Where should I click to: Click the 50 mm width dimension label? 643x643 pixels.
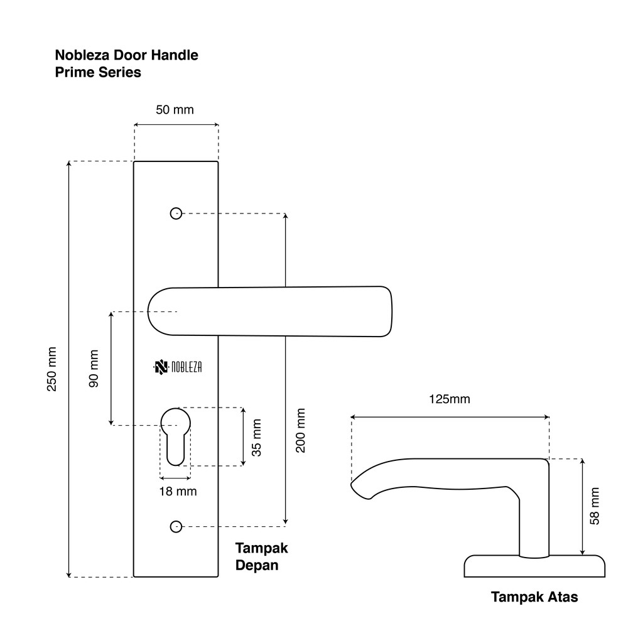[175, 110]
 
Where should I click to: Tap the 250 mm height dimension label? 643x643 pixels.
[51, 369]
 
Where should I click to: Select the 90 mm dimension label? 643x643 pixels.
[94, 368]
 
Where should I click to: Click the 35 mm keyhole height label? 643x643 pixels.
[256, 437]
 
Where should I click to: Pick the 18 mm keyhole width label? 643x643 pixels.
[178, 491]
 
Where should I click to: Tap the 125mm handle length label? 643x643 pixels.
[449, 399]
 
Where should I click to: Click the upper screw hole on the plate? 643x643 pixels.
[176, 213]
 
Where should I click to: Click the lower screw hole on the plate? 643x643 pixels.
[176, 526]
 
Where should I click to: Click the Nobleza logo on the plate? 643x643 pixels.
[178, 367]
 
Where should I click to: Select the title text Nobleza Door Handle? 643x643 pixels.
[127, 55]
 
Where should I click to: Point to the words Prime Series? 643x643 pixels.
[98, 72]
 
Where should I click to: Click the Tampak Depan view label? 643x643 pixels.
[261, 556]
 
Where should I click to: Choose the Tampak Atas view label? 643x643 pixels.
[534, 597]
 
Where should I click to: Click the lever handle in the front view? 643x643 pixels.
[270, 311]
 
